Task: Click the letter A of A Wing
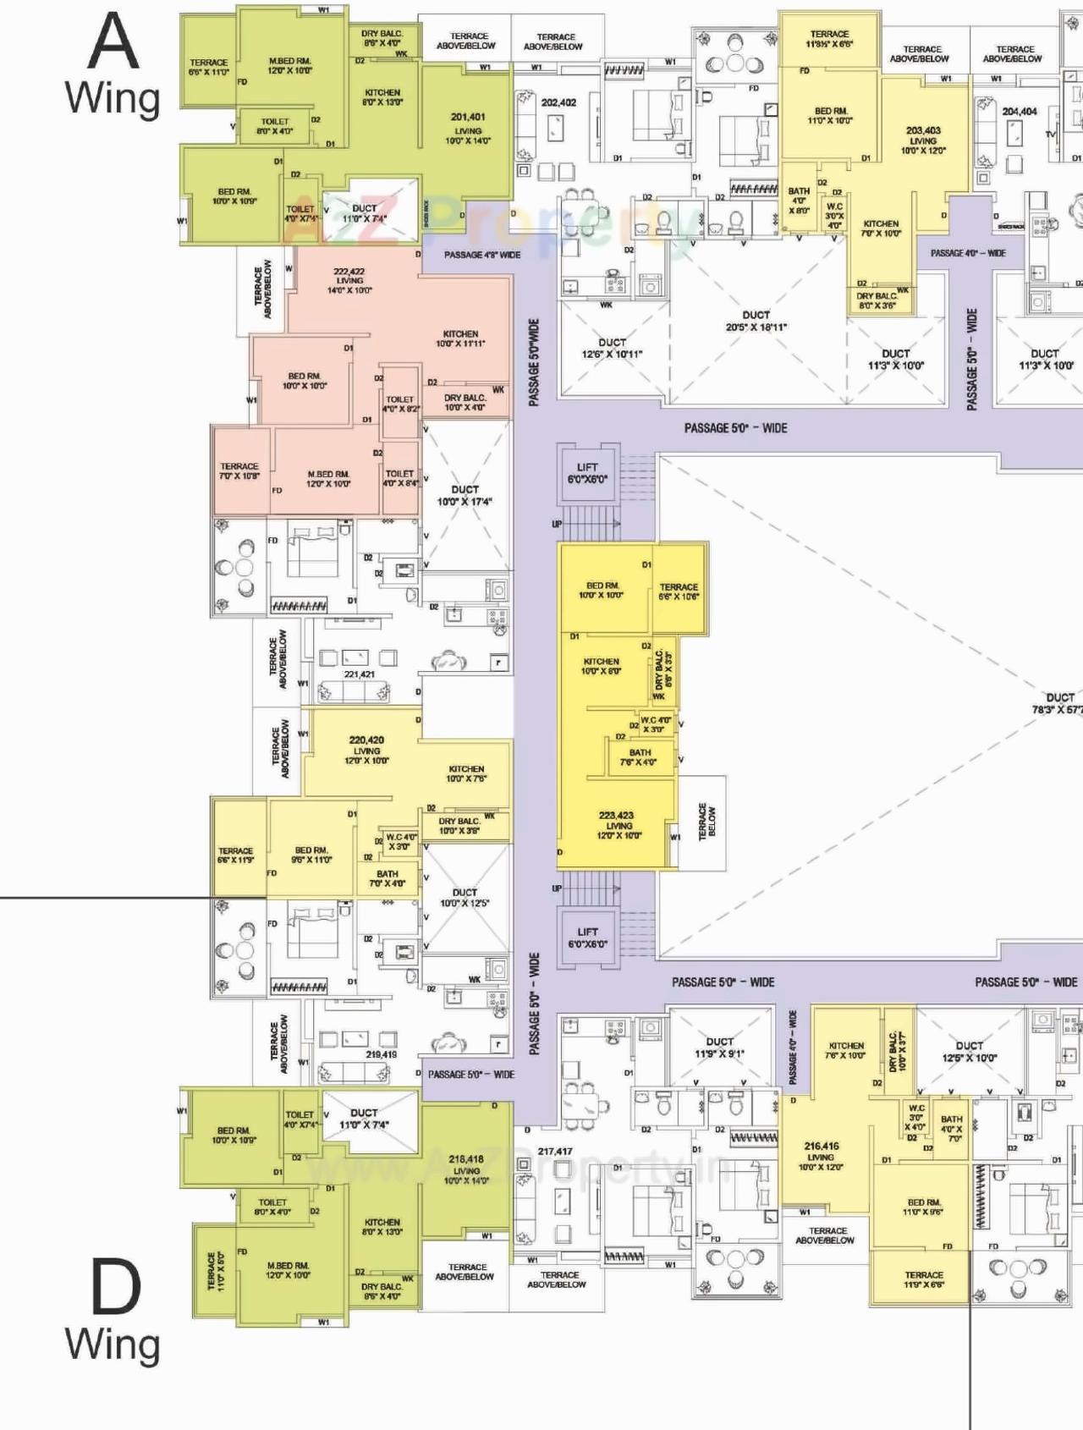click(113, 42)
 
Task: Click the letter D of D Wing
click(115, 1288)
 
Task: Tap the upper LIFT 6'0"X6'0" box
click(587, 473)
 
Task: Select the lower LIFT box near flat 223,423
click(587, 938)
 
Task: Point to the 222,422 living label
click(349, 281)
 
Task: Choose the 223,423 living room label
click(617, 825)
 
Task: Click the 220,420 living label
click(366, 750)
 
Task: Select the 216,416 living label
click(821, 1156)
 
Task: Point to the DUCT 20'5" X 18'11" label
click(756, 321)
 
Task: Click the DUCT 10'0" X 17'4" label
click(465, 495)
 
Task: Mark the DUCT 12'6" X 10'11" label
click(612, 349)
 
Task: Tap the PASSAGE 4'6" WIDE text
click(482, 255)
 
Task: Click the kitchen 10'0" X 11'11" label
click(460, 338)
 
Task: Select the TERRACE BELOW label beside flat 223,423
click(702, 822)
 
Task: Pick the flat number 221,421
click(359, 674)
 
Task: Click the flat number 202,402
click(558, 103)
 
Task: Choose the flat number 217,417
click(555, 1151)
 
